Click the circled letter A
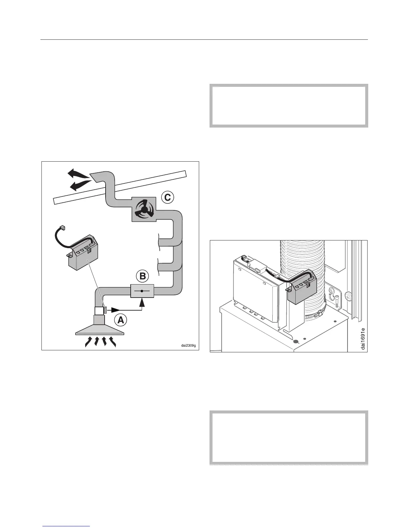[x=121, y=320]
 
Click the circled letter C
[x=167, y=197]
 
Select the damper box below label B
[x=142, y=291]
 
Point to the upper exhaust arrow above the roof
[x=79, y=174]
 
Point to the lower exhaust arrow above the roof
[x=81, y=184]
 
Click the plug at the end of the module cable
[x=62, y=229]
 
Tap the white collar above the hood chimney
[x=100, y=311]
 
